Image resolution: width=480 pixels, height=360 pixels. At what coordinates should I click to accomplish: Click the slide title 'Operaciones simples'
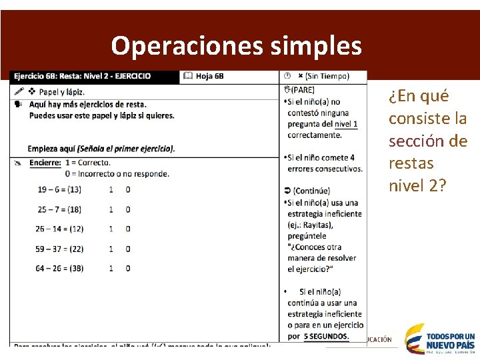(237, 45)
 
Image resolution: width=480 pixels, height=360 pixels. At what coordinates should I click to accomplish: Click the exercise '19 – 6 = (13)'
(59, 189)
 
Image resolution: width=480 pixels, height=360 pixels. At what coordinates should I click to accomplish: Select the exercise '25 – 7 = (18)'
(59, 209)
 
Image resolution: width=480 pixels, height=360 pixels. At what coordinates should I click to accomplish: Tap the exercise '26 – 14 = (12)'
(61, 229)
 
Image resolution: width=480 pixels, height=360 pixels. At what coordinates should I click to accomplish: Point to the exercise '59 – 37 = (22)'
(61, 249)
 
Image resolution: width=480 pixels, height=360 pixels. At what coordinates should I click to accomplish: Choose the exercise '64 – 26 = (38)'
(61, 268)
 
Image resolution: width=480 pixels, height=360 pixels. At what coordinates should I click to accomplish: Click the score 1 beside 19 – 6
(110, 189)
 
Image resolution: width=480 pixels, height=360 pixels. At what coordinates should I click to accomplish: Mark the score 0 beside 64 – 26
(127, 268)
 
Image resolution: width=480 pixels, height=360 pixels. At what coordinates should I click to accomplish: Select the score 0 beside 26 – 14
(127, 229)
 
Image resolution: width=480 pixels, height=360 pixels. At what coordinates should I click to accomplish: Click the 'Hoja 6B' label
(209, 76)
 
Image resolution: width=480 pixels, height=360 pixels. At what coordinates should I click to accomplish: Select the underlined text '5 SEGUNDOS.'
(326, 336)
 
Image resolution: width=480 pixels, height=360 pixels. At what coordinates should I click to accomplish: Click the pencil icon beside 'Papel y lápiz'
(19, 91)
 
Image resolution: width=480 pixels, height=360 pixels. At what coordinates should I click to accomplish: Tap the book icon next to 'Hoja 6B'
(188, 76)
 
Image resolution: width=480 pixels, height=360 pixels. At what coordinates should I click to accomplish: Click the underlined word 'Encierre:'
(45, 163)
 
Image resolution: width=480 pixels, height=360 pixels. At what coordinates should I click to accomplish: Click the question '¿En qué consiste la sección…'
(427, 140)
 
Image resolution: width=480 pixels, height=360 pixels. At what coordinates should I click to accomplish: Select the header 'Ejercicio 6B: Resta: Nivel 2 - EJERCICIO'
(82, 76)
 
